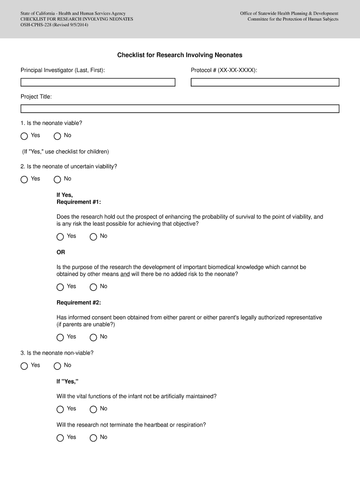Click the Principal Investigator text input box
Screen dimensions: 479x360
tap(98, 82)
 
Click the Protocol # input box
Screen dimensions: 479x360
tap(265, 82)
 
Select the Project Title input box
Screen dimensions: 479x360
tap(180, 109)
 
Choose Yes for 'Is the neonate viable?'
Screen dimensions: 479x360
tap(24, 136)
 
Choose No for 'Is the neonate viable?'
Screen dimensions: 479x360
tap(58, 136)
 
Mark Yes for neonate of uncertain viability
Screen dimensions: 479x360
tap(24, 180)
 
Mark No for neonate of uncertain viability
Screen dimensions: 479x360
tap(58, 180)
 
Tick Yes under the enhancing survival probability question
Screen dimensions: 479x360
tap(60, 237)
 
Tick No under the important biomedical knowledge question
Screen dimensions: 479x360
tap(94, 287)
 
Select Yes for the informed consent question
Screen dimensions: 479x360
tap(60, 338)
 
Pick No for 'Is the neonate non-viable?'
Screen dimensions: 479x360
tap(58, 366)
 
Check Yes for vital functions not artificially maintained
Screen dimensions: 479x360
tap(60, 410)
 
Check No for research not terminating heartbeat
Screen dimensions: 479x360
tap(94, 438)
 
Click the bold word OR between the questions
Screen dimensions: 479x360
tap(61, 253)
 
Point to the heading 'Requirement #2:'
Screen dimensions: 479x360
tap(79, 303)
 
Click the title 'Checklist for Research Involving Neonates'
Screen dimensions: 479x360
tap(180, 55)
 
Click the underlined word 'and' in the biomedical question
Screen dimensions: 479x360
tap(125, 274)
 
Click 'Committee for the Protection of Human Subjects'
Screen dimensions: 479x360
tap(293, 19)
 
